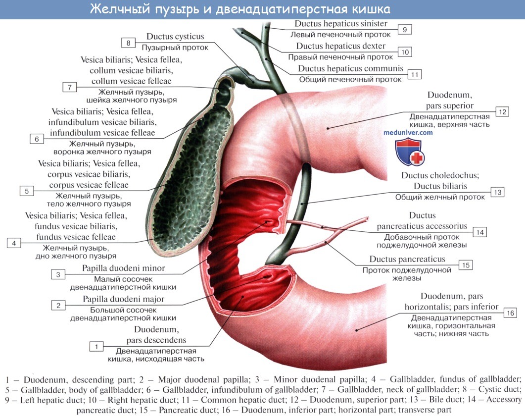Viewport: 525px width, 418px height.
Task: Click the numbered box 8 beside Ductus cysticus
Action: tap(128, 43)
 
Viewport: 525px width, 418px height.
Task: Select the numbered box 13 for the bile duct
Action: tap(498, 192)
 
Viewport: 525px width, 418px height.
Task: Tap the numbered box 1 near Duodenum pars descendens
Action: tap(96, 346)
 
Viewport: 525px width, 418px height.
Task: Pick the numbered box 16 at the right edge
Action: tap(510, 313)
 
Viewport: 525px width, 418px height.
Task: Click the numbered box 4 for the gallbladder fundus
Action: tap(14, 243)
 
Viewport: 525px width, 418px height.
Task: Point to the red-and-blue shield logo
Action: tap(410, 152)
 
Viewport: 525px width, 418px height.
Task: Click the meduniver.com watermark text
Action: tap(408, 133)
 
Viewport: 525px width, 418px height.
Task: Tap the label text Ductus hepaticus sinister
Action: tap(341, 23)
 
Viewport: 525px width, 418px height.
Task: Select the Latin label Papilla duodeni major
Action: tap(124, 299)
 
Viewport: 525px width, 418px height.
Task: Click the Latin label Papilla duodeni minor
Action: tap(124, 268)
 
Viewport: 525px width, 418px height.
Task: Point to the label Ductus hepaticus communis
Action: tap(350, 68)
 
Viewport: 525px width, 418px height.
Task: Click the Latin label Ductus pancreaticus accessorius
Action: tap(422, 220)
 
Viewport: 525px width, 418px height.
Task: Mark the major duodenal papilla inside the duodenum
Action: tap(267, 277)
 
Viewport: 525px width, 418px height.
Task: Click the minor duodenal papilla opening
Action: tap(268, 222)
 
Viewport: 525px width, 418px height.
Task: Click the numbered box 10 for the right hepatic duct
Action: tap(405, 52)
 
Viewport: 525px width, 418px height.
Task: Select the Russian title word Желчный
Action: tap(119, 9)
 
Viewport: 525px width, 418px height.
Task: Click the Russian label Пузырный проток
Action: tap(175, 48)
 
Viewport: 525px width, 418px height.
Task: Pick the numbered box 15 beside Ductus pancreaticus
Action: tap(466, 265)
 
